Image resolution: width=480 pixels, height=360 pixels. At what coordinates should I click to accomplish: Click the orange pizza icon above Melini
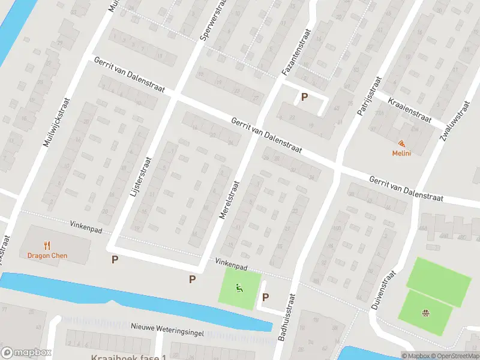coord(401,144)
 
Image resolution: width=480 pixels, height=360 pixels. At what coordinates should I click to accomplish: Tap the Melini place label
coord(401,154)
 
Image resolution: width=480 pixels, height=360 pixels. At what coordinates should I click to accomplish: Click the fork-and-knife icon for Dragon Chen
coord(47,245)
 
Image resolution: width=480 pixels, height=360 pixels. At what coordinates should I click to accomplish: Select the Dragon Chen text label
coord(47,256)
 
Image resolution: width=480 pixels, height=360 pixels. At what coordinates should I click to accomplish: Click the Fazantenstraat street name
coord(296,53)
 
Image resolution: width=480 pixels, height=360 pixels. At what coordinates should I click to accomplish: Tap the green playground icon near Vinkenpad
coord(239,288)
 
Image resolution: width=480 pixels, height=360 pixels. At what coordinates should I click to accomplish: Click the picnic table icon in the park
coord(426,312)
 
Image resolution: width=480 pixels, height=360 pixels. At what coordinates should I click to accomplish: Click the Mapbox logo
coord(26,353)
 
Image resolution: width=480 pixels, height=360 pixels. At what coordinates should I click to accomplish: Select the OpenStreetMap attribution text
coord(454,356)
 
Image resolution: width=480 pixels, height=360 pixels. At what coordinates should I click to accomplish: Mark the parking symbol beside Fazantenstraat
coord(305,97)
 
